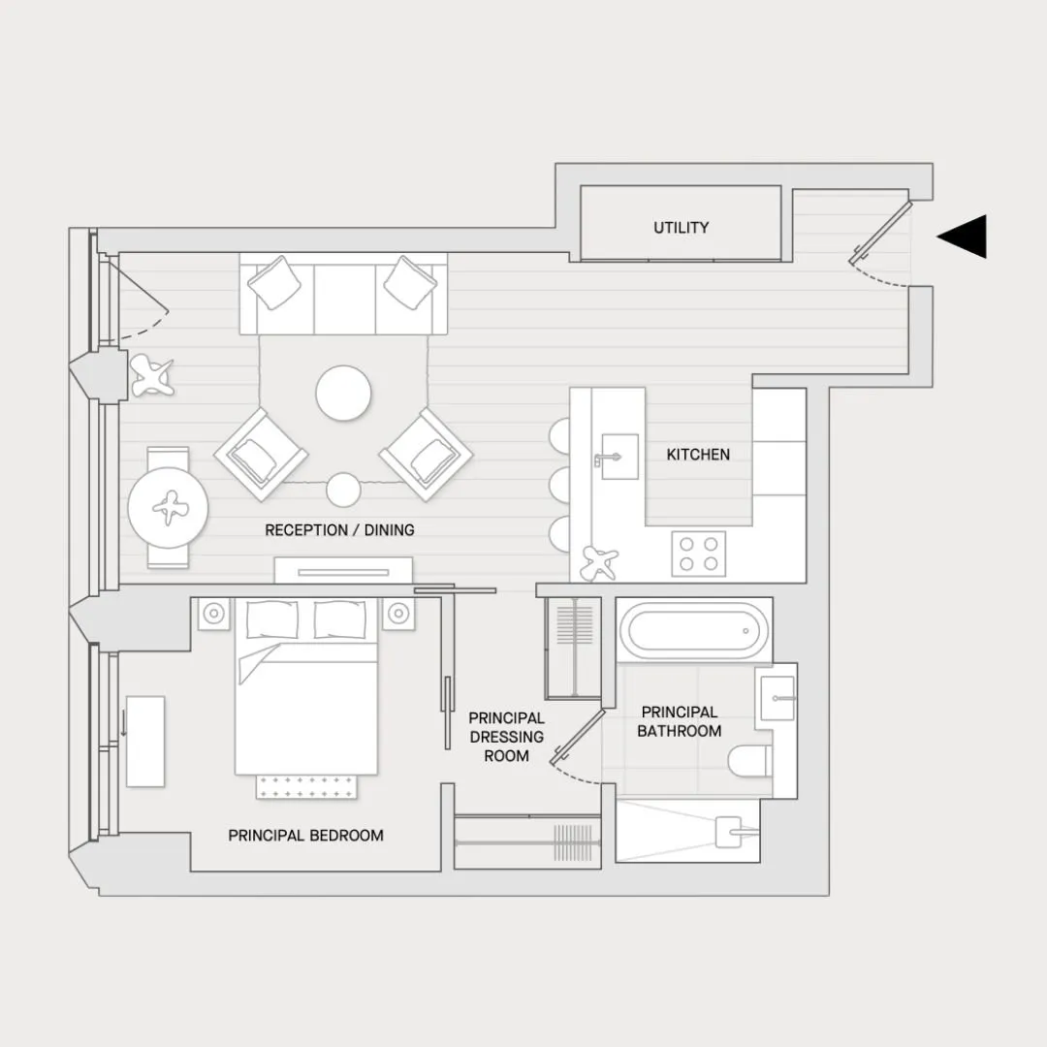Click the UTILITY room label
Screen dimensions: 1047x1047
(681, 228)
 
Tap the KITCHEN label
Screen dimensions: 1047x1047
(698, 455)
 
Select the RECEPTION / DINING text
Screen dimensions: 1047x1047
(339, 530)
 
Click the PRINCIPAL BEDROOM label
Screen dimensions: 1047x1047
(305, 836)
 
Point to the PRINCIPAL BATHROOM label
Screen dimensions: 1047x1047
(679, 722)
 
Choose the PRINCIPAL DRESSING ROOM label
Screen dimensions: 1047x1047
(506, 737)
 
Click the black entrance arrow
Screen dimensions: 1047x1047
(963, 237)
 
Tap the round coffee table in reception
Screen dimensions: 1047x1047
(343, 393)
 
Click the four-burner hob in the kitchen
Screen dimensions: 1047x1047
(698, 554)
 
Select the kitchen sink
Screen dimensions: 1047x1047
(619, 457)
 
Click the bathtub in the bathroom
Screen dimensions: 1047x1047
(694, 630)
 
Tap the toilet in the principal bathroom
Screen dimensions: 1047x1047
(749, 761)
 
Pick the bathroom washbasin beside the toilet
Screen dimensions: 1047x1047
(777, 698)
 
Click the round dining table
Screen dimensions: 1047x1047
(168, 507)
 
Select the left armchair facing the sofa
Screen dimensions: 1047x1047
(261, 454)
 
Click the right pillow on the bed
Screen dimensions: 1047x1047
(340, 619)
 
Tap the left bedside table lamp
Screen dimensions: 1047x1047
(213, 613)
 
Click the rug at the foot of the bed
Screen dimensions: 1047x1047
(306, 786)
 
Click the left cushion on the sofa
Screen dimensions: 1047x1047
(273, 282)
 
